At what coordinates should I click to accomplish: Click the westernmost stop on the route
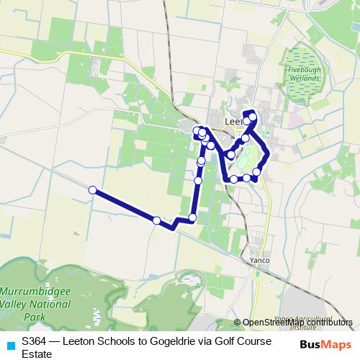[93, 190]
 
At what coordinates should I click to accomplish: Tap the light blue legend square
[10, 343]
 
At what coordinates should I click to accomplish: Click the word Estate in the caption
[37, 354]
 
